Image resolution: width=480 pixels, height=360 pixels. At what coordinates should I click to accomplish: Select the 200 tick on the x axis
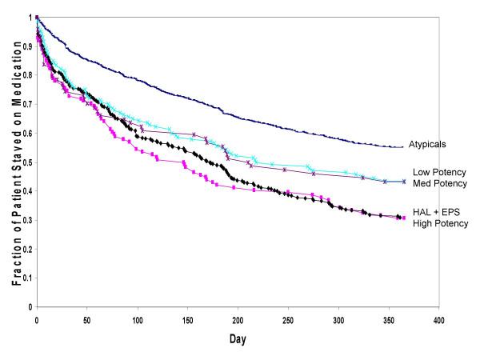coord(238,318)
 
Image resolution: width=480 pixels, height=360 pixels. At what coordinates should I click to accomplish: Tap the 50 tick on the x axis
coord(86,318)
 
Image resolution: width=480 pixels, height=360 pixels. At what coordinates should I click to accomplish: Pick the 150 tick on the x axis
coord(187,318)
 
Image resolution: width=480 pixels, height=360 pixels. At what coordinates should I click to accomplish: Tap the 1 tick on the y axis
coord(29,17)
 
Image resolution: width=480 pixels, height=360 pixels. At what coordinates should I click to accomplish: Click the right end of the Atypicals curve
coord(402,146)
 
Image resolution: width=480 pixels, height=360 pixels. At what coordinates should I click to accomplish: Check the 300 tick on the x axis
coord(338,318)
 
